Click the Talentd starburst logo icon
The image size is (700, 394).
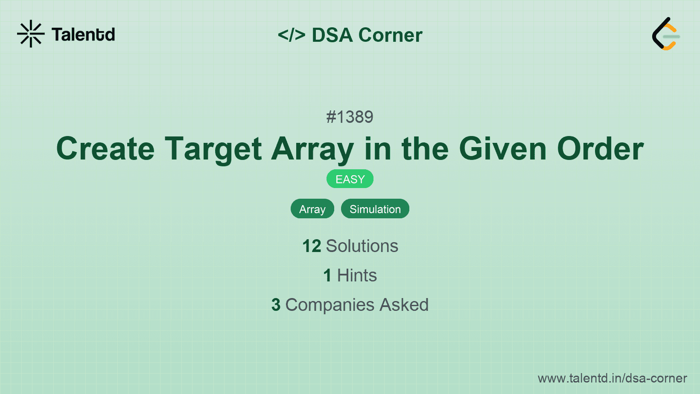pyautogui.click(x=31, y=34)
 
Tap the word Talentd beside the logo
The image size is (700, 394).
pyautogui.click(x=83, y=35)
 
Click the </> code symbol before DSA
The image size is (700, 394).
pyautogui.click(x=292, y=35)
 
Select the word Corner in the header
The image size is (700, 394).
pyautogui.click(x=391, y=35)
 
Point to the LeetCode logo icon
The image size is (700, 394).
pyautogui.click(x=665, y=34)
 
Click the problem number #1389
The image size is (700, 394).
pyautogui.click(x=350, y=117)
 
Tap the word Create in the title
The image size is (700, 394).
pyautogui.click(x=105, y=149)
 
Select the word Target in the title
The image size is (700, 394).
pyautogui.click(x=213, y=149)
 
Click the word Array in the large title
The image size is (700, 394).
pyautogui.click(x=313, y=149)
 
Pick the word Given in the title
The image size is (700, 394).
pyautogui.click(x=503, y=149)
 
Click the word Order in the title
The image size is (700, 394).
pyautogui.click(x=600, y=149)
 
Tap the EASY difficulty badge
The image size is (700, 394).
pyautogui.click(x=350, y=179)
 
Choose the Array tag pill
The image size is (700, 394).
pyautogui.click(x=312, y=209)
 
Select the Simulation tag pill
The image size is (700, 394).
pyautogui.click(x=375, y=209)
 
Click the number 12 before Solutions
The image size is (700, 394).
pyautogui.click(x=312, y=246)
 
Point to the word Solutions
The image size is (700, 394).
pyautogui.click(x=362, y=246)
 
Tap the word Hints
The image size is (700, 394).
pyautogui.click(x=357, y=275)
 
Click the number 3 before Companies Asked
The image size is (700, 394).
pyautogui.click(x=276, y=305)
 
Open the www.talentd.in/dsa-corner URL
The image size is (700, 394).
pyautogui.click(x=612, y=378)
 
